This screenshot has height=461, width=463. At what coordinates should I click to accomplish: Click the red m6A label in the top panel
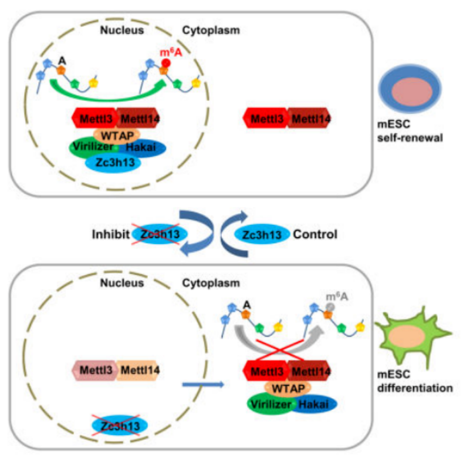click(168, 53)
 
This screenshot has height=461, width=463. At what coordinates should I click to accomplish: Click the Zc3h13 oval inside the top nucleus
click(113, 163)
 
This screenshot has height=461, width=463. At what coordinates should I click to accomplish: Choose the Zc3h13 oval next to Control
click(262, 234)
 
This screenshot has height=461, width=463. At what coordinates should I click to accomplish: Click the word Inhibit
click(109, 234)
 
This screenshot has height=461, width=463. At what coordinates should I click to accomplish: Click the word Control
click(316, 234)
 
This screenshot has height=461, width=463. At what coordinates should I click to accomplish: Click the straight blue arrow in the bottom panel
click(202, 385)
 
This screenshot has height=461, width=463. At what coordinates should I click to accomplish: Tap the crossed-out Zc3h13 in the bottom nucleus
click(120, 424)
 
